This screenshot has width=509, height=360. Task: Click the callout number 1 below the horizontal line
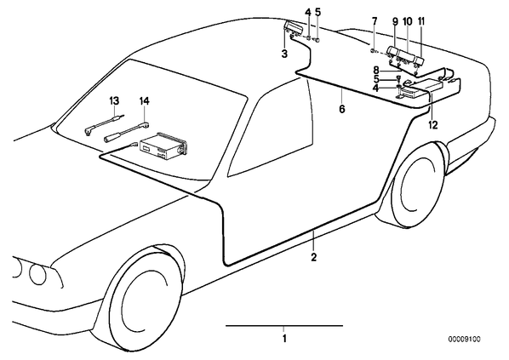click(x=284, y=339)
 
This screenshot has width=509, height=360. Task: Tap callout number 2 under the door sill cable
click(x=313, y=257)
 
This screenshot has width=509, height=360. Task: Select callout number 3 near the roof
click(x=284, y=54)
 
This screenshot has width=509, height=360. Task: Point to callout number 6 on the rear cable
click(x=342, y=109)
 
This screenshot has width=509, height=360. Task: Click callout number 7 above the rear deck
click(x=375, y=21)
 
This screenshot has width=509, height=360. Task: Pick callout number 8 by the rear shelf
click(x=376, y=70)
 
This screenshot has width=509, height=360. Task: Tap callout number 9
click(x=395, y=21)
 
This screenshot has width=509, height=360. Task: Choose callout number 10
click(x=408, y=21)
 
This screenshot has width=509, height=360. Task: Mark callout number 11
click(x=421, y=21)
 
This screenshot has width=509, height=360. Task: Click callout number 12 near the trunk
click(x=433, y=124)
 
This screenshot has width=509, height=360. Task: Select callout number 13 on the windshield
click(x=114, y=100)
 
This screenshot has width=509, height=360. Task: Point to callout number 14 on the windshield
click(x=145, y=101)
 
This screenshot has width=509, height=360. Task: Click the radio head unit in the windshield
click(x=163, y=146)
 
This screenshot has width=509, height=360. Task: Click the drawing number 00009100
click(x=464, y=340)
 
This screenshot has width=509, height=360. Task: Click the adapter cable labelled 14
click(x=127, y=131)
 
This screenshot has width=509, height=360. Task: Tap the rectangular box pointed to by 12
click(x=422, y=89)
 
